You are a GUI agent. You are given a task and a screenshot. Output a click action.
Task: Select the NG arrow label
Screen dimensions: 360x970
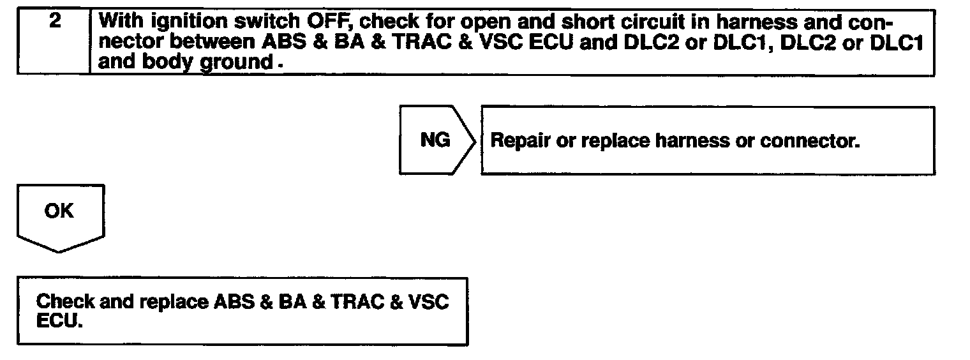[435, 140]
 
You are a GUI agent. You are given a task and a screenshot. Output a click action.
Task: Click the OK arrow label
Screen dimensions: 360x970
[59, 211]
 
